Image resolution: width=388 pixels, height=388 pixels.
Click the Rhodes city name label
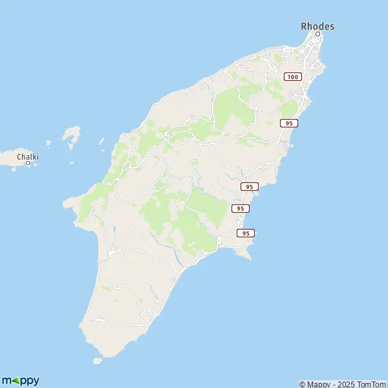tap(318, 26)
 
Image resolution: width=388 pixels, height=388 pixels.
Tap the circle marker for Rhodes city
tap(318, 34)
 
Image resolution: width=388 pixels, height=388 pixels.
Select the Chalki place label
tap(28, 156)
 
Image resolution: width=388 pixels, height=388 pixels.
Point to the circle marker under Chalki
tap(28, 163)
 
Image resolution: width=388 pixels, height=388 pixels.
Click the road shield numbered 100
tap(293, 77)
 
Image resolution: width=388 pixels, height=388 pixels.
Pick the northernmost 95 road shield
tap(289, 123)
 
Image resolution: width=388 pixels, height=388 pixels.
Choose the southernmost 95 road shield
tap(246, 233)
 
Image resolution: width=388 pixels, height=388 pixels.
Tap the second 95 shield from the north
tap(250, 186)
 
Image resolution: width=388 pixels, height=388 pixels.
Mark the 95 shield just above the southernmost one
tap(240, 208)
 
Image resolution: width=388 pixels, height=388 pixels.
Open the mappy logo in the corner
tap(21, 380)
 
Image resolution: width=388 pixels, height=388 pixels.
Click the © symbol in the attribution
tap(302, 384)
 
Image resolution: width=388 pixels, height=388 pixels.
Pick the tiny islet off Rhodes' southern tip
tap(98, 361)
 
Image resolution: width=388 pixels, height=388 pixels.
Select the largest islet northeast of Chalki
tap(71, 135)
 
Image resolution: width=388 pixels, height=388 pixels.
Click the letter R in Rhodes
tap(305, 26)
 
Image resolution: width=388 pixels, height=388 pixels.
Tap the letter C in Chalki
tap(19, 156)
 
